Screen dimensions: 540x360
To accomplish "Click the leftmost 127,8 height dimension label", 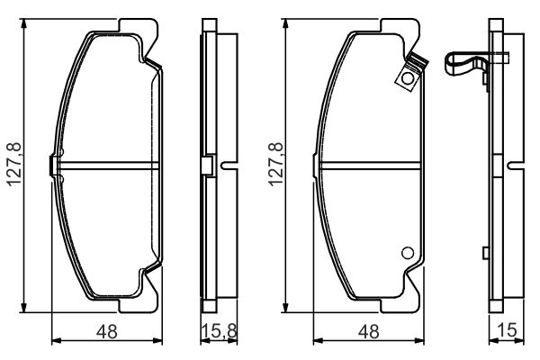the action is pyautogui.click(x=14, y=165).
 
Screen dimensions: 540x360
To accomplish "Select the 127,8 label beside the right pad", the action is pyautogui.click(x=276, y=165).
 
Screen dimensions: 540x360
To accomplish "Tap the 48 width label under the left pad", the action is pyautogui.click(x=107, y=331).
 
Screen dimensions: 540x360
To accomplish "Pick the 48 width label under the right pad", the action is pyautogui.click(x=368, y=331).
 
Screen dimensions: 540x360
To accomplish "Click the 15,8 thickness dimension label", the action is pyautogui.click(x=219, y=331).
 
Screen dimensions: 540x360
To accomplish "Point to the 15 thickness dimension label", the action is pyautogui.click(x=508, y=330).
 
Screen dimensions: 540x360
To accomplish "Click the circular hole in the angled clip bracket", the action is pyautogui.click(x=408, y=78).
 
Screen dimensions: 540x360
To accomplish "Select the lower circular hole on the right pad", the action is pyautogui.click(x=408, y=253).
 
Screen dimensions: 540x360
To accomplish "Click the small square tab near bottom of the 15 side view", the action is pyautogui.click(x=486, y=253).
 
